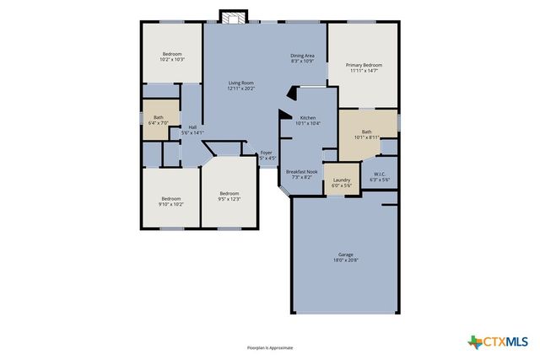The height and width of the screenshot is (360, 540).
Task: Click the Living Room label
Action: pos(240,83)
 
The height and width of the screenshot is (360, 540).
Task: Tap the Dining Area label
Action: pos(302,56)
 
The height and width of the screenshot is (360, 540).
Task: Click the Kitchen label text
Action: pos(308,117)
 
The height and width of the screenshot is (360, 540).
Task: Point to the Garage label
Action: pos(345,254)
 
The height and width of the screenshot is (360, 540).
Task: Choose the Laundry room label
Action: pos(342,180)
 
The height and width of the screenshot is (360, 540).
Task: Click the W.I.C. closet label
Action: pos(380,175)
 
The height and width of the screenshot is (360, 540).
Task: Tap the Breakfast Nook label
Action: pos(301,171)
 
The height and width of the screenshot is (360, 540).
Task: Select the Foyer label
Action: pos(266,153)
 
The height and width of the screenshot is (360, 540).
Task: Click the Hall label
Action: pos(192,127)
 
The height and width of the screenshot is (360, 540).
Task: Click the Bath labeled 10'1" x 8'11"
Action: pos(366,132)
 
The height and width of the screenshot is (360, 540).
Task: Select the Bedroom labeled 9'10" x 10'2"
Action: pos(171,199)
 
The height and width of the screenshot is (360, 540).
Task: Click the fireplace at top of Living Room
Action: pos(231,17)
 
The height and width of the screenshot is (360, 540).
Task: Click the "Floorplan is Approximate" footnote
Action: pos(269,347)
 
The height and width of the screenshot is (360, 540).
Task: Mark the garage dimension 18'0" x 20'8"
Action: pos(345,260)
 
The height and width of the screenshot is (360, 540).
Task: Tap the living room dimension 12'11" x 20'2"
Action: pos(240,89)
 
